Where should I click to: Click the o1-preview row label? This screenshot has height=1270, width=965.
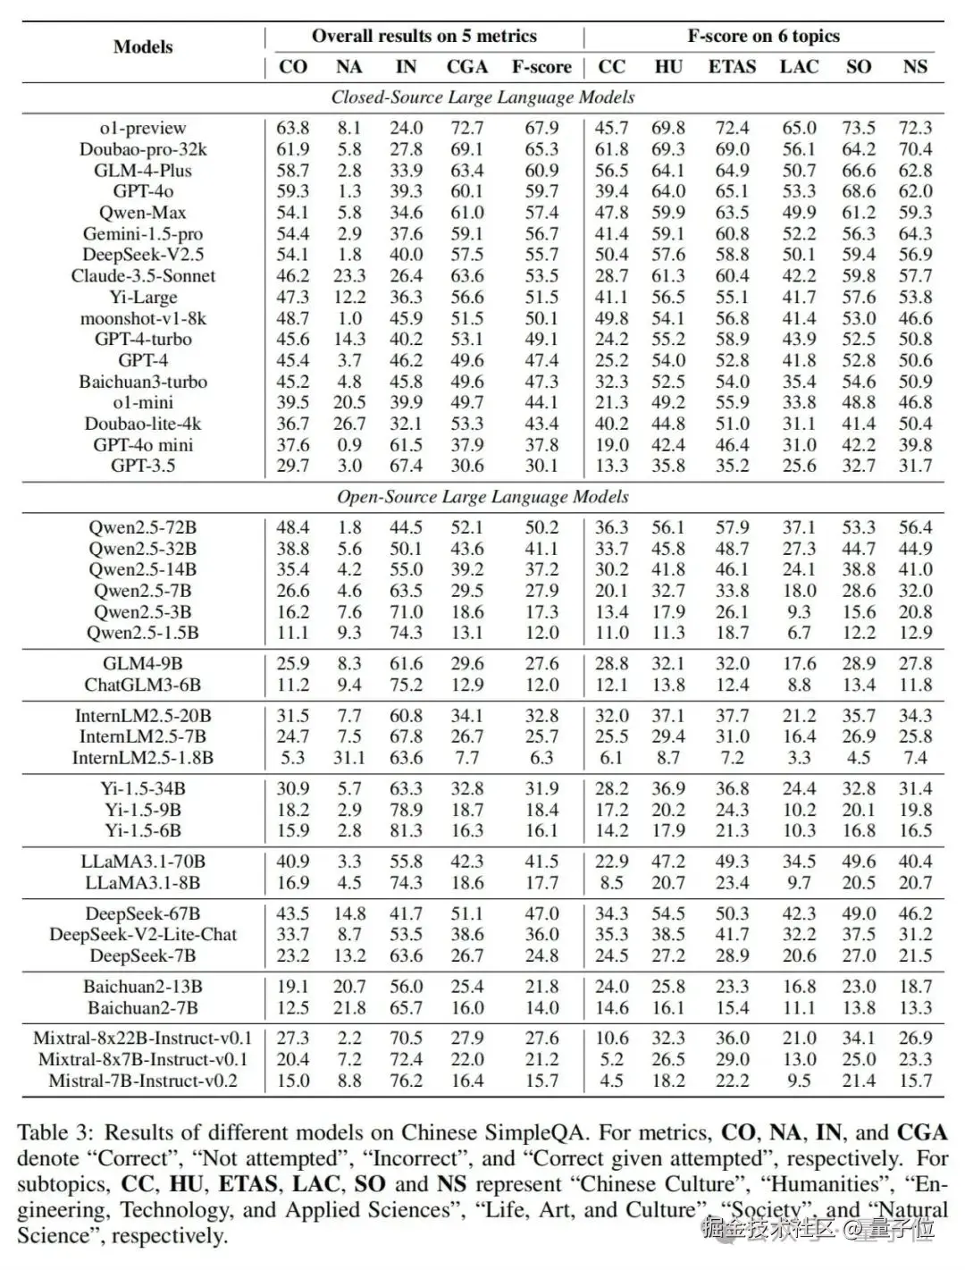[x=143, y=128]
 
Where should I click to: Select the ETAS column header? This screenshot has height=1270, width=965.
[x=732, y=67]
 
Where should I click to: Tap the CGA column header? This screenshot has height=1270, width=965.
[x=467, y=67]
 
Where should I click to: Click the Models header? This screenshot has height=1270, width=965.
[x=143, y=47]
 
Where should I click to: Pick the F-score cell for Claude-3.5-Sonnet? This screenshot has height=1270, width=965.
[x=541, y=276]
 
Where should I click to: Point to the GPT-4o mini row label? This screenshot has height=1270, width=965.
[x=143, y=445]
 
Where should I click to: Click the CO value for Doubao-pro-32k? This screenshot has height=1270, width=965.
[x=293, y=149]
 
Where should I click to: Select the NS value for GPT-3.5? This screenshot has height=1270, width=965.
[x=915, y=466]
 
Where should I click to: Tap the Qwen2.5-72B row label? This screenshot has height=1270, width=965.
[x=143, y=528]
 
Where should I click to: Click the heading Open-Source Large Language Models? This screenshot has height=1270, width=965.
[x=482, y=497]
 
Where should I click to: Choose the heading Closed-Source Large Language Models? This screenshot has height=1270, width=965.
[x=482, y=97]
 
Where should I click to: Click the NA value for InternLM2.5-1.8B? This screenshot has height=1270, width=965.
[x=349, y=758]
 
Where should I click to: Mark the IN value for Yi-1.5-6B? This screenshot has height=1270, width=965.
[x=406, y=830]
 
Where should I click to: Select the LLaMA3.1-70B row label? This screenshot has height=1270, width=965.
[x=143, y=862]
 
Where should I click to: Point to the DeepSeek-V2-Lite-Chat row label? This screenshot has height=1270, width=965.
[x=143, y=935]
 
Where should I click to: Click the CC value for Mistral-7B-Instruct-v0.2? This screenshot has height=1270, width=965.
[x=612, y=1081]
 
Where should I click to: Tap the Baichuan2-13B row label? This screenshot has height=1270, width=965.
[x=143, y=988]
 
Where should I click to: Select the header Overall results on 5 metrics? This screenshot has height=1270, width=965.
[x=424, y=37]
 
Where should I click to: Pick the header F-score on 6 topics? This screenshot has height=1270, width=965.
[x=763, y=37]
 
